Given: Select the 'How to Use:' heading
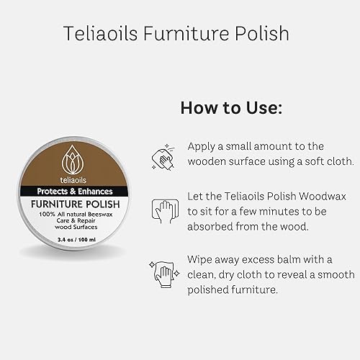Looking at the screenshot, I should (230, 108).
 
